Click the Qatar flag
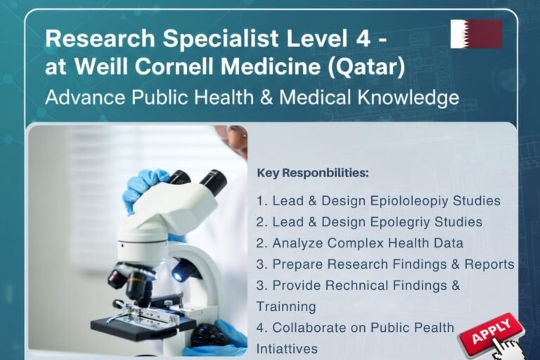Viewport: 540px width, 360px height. click(476, 34)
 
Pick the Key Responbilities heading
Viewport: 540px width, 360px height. click(313, 172)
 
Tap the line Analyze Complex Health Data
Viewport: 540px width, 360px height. click(360, 243)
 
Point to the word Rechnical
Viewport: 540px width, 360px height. click(365, 285)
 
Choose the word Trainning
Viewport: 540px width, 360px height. click(286, 307)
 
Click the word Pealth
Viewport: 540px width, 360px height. click(432, 328)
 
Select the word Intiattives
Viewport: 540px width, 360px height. click(287, 348)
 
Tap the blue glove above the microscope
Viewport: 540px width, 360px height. click(144, 187)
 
